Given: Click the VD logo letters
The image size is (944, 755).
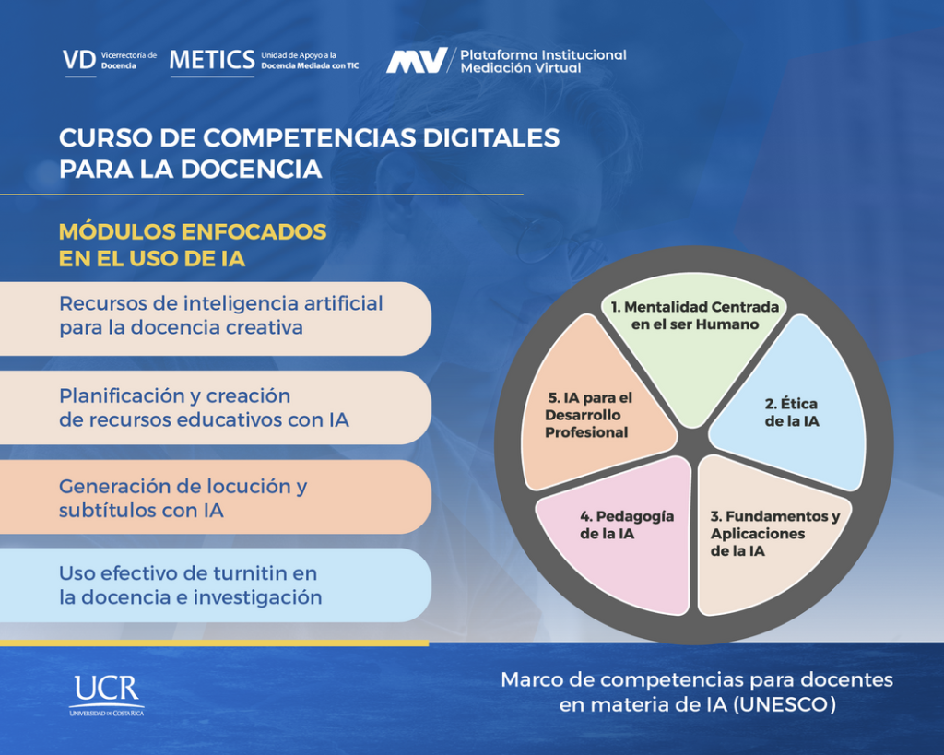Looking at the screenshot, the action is point(79,60).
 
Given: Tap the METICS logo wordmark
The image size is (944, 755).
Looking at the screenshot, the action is point(212,60).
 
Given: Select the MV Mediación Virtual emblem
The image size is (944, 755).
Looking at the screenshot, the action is point(417,60).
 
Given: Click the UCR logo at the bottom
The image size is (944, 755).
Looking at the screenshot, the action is point(107,695).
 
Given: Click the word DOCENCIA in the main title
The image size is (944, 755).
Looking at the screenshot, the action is point(251,170).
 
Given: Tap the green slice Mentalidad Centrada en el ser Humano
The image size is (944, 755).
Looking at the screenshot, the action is point(694,349).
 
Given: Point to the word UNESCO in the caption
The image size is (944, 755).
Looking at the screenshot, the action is point(785,704).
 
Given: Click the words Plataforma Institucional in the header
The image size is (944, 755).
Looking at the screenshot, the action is point(543,54).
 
